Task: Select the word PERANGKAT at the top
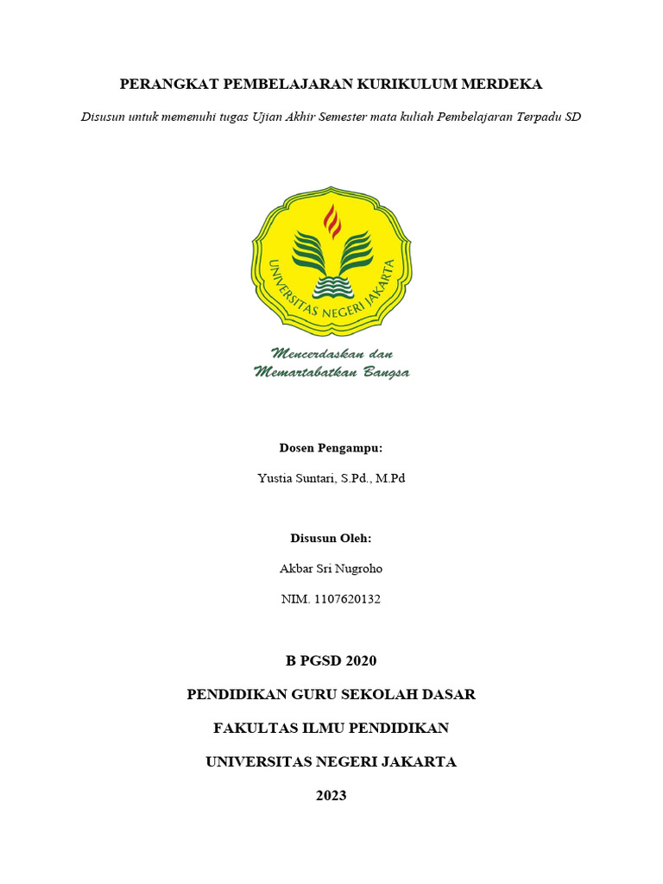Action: (167, 85)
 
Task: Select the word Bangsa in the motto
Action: (383, 372)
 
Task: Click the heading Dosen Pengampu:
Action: (331, 448)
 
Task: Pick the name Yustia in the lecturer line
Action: (275, 478)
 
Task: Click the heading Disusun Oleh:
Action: (331, 538)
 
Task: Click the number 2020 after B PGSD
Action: (361, 662)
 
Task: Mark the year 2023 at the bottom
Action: (331, 796)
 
